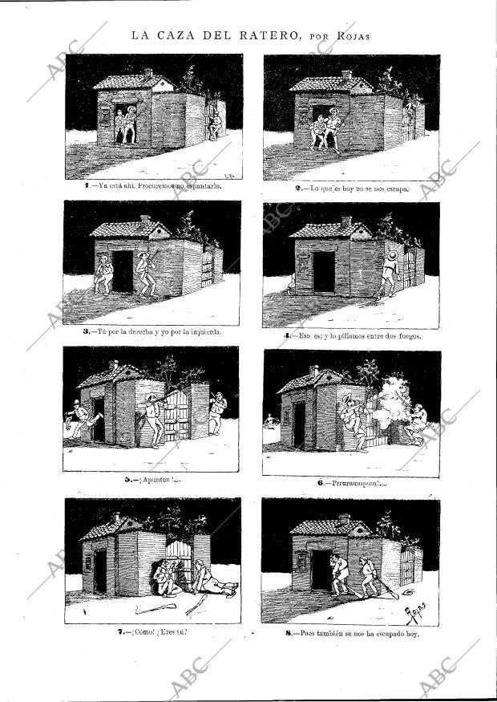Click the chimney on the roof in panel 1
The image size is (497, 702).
click(x=147, y=73)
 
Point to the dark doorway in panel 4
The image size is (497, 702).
click(x=323, y=271)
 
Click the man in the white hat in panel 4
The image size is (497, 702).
click(x=390, y=273)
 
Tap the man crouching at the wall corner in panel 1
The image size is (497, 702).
click(x=215, y=124)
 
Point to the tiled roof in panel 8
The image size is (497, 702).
click(x=329, y=528)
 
